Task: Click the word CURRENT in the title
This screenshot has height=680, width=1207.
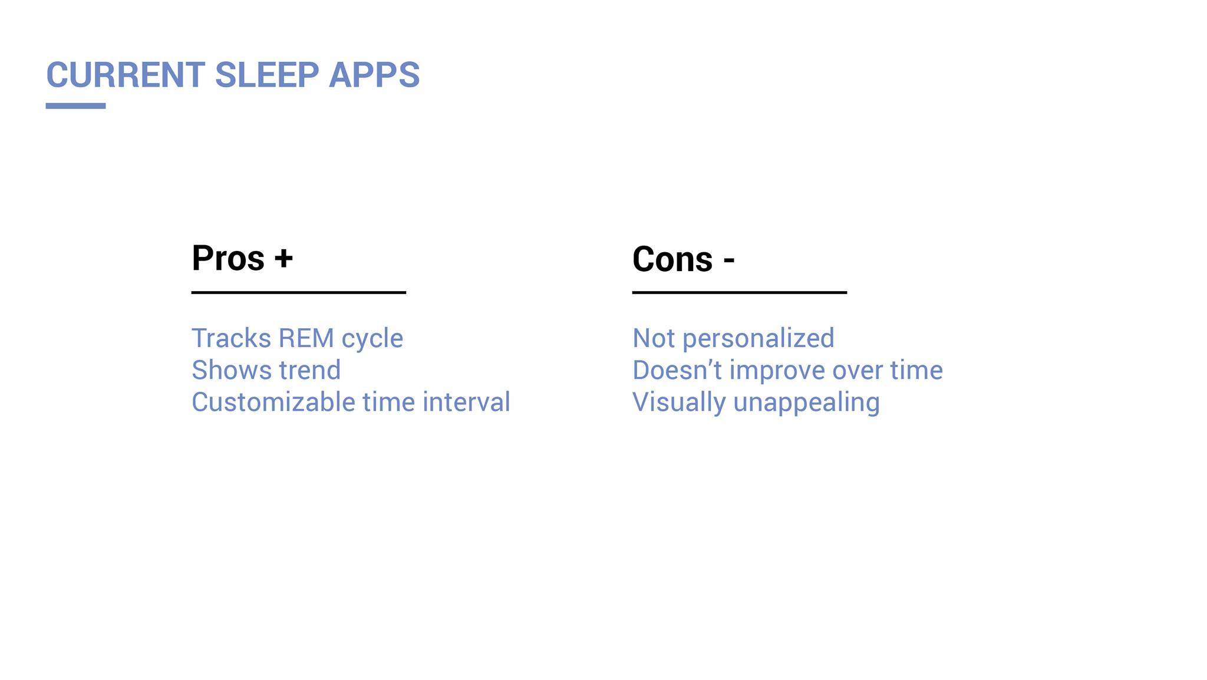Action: (x=126, y=75)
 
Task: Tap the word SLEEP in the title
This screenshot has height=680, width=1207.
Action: (x=267, y=75)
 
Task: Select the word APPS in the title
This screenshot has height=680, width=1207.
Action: (x=374, y=75)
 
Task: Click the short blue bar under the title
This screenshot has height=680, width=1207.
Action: (x=75, y=106)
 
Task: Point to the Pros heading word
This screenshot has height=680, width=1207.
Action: (x=228, y=259)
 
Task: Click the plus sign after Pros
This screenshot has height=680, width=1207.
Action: (x=283, y=259)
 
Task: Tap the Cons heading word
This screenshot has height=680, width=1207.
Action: (x=672, y=259)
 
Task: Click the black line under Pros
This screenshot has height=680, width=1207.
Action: (x=299, y=292)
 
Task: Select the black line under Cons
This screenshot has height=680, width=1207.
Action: (x=740, y=292)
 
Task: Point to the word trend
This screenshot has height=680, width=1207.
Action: (x=310, y=370)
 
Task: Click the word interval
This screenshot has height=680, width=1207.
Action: (x=466, y=402)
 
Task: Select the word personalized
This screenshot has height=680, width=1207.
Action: (x=759, y=339)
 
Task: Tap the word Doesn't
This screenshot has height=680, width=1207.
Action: (x=677, y=370)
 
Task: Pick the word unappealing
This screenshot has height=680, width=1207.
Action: (x=807, y=404)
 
